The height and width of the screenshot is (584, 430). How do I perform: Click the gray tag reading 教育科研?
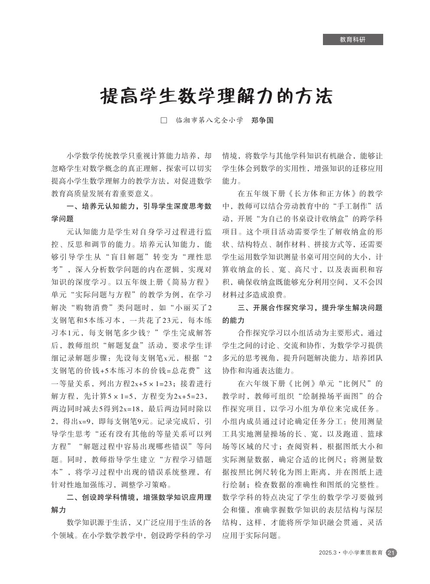tap(353, 39)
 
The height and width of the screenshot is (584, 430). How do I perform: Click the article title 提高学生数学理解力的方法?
tap(216, 97)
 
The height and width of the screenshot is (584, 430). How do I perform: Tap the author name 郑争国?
tap(263, 120)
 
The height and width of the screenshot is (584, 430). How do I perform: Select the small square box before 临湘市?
tap(164, 120)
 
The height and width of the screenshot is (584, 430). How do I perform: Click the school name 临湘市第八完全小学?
tap(209, 120)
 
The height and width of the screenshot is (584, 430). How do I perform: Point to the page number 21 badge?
tap(391, 553)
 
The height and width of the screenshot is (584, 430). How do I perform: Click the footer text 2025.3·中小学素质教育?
tap(351, 553)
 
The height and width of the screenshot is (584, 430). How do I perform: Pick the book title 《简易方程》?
tap(191, 282)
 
